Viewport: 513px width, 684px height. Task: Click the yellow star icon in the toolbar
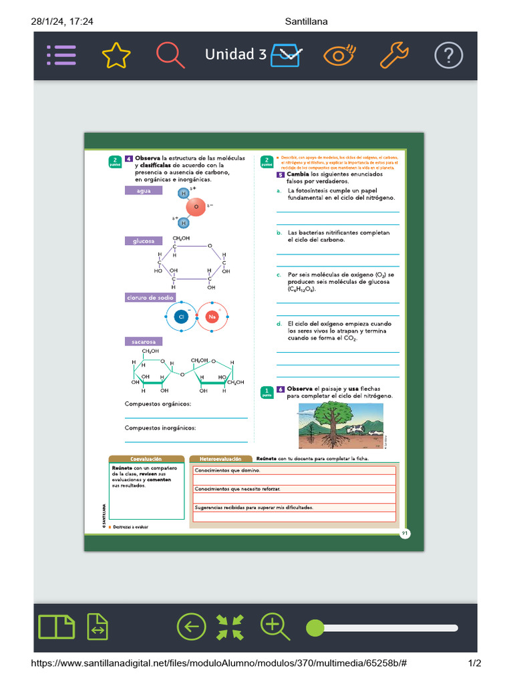coord(116,55)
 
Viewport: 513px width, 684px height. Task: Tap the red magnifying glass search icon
coord(170,55)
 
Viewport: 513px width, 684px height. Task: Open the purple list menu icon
coord(61,55)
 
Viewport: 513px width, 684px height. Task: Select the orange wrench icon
coord(394,55)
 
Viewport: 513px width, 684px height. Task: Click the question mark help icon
coord(448,55)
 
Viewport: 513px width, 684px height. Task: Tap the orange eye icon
coord(339,55)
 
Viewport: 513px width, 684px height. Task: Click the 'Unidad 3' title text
coord(235,55)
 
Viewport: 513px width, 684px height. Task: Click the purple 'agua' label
coord(144,191)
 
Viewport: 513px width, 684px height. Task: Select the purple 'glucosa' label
coord(144,241)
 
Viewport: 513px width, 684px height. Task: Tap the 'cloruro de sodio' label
coord(150,298)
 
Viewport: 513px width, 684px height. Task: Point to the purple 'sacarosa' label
coord(144,342)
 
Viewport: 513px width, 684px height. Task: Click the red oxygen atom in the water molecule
coord(196,208)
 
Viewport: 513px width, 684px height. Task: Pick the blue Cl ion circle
coord(181,317)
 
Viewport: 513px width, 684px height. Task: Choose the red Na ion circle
coord(213,317)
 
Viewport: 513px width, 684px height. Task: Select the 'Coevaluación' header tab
coord(146,460)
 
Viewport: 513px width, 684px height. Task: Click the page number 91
coord(405,533)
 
